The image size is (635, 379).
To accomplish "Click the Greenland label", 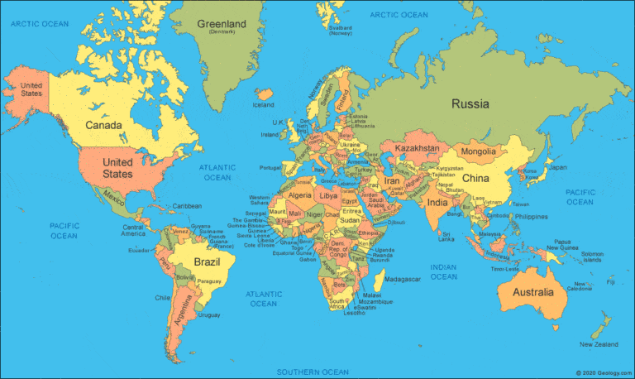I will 222,25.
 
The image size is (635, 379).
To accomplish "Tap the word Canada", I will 105,126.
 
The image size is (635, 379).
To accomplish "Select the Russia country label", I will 470,104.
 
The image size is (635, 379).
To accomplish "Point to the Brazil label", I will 207,262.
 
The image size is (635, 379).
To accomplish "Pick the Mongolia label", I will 478,151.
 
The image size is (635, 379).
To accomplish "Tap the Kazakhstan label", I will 417,147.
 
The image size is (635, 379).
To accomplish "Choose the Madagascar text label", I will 403,279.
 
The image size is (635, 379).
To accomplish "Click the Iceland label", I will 263,105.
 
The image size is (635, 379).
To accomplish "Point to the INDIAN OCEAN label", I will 443,271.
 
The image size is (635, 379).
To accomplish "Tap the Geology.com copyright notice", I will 603,373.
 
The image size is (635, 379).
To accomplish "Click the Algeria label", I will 300,194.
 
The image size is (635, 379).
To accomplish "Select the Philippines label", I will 528,217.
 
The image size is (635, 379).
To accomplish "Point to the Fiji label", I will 610,282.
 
